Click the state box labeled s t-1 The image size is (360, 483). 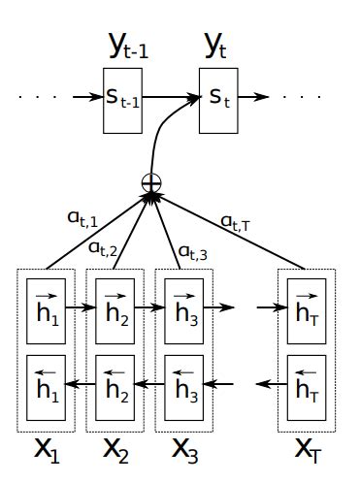click(123, 99)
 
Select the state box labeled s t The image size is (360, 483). click(217, 99)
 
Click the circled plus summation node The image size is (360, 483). click(150, 181)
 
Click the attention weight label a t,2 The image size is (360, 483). click(104, 248)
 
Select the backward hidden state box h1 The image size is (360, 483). click(46, 390)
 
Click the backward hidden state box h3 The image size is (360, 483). click(186, 390)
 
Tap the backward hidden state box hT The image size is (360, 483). click(306, 390)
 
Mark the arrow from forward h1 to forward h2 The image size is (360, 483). click(81, 308)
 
